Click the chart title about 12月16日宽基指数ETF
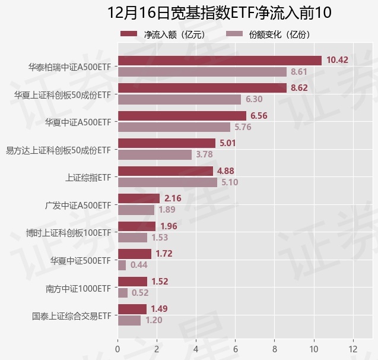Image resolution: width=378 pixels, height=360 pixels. [219, 12]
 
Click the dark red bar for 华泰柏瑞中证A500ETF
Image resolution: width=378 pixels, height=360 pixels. [220, 61]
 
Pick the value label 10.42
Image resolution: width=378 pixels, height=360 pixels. [337, 61]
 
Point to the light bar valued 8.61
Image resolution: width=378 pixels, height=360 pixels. [202, 72]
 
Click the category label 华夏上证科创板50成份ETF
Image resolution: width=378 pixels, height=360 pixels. [62, 94]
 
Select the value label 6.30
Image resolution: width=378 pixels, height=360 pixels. [254, 100]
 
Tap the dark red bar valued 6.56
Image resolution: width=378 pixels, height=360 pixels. [182, 116]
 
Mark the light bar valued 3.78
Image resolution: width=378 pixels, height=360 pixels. [154, 155]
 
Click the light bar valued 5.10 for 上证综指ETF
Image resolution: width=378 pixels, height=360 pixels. [167, 182]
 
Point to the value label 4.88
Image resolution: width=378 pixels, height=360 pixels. [226, 171]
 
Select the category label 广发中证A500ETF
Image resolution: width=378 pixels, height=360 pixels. [78, 205]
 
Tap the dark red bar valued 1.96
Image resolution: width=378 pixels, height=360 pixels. [136, 226]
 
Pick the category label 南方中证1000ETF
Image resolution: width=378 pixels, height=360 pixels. [78, 288]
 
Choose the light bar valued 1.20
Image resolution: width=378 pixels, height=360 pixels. [129, 321]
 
